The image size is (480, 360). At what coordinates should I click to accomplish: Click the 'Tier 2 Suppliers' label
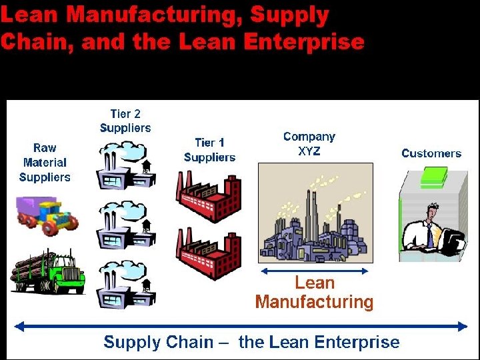pos(125,121)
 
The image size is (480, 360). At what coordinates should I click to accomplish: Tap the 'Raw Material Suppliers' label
pos(45,162)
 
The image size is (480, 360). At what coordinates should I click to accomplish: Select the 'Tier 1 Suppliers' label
pos(209,150)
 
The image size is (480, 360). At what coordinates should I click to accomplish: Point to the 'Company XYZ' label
pos(309,143)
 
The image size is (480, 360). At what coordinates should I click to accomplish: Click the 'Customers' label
pos(431,153)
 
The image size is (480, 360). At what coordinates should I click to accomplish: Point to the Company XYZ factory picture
pos(315,213)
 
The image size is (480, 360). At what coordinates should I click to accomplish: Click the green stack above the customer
pos(434,177)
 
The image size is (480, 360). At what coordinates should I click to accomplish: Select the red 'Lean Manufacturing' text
pos(314,292)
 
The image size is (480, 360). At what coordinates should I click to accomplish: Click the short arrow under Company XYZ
pos(314,271)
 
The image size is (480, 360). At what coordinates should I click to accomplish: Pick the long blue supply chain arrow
pos(241,326)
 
